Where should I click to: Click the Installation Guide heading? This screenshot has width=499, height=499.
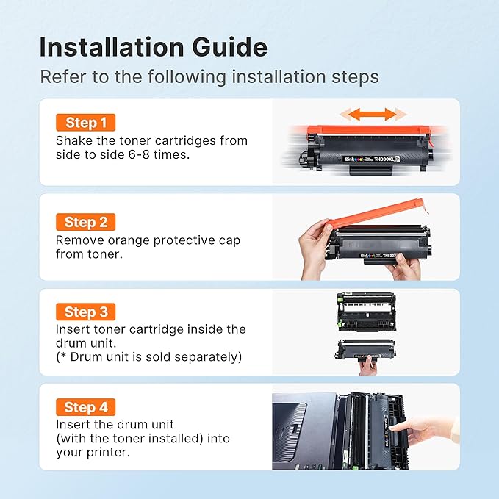(x=153, y=47)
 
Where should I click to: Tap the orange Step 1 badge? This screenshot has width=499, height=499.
(x=86, y=123)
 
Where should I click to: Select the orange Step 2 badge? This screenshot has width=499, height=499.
(x=85, y=222)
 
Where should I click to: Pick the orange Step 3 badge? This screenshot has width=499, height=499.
(x=85, y=312)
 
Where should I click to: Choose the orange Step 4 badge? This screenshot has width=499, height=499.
(x=85, y=407)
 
